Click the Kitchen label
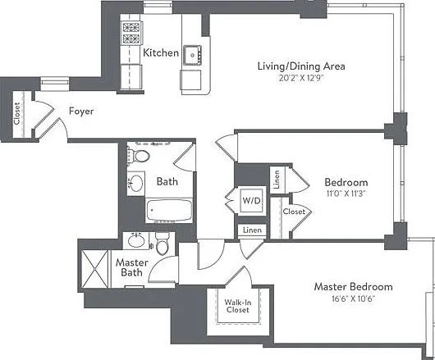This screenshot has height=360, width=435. click(161, 52)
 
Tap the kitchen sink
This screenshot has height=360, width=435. click(192, 55)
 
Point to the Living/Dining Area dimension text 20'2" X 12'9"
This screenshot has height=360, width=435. click(301, 78)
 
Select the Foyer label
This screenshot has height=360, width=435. click(81, 112)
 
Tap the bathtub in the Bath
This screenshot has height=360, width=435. click(169, 210)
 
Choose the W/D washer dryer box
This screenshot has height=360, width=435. click(251, 201)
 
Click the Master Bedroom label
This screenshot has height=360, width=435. click(353, 286)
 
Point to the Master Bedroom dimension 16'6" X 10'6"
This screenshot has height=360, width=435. click(353, 299)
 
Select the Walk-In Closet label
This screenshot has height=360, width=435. click(238, 306)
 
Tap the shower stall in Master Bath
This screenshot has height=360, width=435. click(94, 269)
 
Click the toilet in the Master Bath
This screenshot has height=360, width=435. click(163, 244)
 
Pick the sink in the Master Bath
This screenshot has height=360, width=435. click(136, 240)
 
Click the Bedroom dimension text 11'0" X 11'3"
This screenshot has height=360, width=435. click(346, 194)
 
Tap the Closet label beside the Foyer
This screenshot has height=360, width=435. click(17, 114)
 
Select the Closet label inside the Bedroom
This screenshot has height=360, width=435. click(294, 212)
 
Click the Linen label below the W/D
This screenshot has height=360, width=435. click(252, 230)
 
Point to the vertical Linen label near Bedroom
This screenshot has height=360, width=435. click(277, 180)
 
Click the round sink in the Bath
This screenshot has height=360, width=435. click(136, 183)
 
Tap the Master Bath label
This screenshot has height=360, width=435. click(132, 267)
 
